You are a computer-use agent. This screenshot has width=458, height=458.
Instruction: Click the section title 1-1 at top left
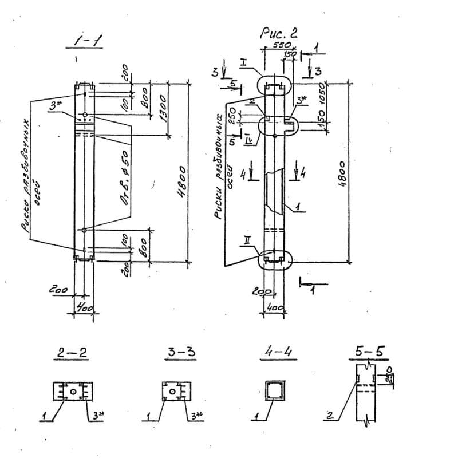[x=84, y=41]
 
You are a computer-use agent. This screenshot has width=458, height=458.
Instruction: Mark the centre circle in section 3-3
[x=172, y=392]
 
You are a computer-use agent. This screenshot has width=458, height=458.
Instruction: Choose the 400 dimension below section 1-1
[x=84, y=309]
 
